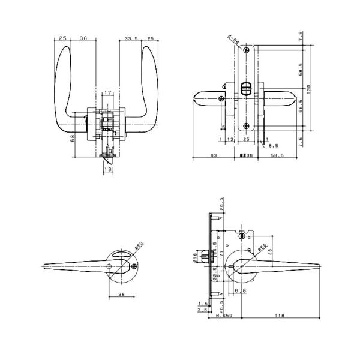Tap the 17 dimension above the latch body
point(107,92)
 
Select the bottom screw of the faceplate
point(246,125)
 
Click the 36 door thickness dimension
point(245,155)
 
